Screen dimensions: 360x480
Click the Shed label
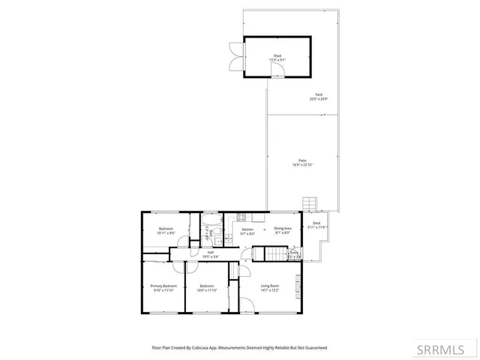coord(277,56)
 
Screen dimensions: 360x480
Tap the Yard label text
coord(319,94)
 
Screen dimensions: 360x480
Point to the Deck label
coord(316,223)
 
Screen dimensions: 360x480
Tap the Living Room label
coord(270,286)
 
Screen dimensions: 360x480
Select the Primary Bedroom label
coord(163,286)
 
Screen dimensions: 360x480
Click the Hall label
coord(211,252)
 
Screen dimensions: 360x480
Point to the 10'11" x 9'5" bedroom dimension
coord(166,233)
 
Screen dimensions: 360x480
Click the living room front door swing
coord(247,303)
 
